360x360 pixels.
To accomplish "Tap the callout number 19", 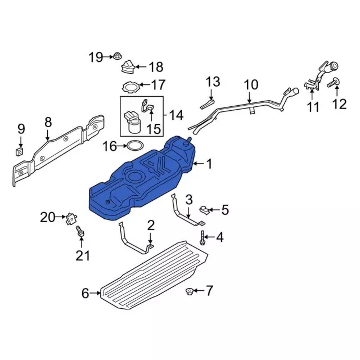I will coord(96,56).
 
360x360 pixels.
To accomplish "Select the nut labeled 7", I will coord(190,291).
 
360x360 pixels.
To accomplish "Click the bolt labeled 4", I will coord(202,238).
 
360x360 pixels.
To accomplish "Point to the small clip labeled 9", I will coord(20,151).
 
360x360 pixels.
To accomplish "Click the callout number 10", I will coord(250,85).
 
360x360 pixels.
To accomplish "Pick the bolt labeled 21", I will coord(80,231).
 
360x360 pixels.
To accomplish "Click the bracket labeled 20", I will coord(70,217).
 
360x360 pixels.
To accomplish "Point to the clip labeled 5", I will coord(205,211).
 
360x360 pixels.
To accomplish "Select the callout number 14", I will coord(176,115).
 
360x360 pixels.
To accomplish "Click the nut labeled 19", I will coord(117,56).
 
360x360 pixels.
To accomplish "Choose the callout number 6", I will coord(85,292).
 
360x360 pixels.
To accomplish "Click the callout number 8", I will coord(48,122).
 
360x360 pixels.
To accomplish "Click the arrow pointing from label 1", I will coord(197,164).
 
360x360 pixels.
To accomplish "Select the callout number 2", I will coord(150,226).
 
